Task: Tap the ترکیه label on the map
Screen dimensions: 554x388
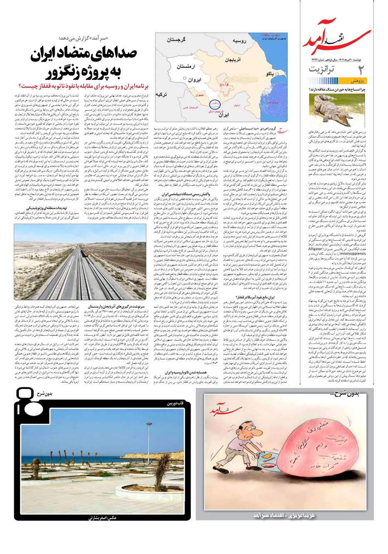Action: tap(164, 95)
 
